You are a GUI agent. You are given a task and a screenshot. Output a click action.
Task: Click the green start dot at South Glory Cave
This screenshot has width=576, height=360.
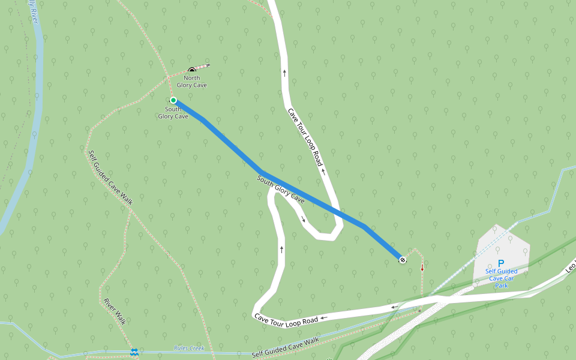[173, 100]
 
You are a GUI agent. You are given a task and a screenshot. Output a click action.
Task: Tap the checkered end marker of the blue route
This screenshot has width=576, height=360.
[402, 260]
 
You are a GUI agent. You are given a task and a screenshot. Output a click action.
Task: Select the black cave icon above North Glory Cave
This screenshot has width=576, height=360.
[192, 71]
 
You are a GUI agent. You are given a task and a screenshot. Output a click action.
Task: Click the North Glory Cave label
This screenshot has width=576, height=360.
[192, 82]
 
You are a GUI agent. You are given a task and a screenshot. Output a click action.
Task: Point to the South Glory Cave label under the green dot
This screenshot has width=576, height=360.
[173, 113]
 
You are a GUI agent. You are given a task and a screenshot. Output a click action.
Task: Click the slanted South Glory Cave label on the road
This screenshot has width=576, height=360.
[281, 189]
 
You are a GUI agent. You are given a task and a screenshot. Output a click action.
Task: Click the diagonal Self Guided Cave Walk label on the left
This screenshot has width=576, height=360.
[111, 178]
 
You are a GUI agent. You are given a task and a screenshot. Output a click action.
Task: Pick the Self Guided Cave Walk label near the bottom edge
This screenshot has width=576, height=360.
[285, 347]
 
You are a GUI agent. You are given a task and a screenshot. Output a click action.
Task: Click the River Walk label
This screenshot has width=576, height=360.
[115, 311]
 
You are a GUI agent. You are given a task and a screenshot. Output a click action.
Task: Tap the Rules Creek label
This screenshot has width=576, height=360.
[189, 348]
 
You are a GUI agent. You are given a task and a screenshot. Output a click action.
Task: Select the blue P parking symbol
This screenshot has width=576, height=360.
[502, 263]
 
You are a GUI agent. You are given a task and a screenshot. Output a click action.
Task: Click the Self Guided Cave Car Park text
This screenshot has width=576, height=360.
[502, 278]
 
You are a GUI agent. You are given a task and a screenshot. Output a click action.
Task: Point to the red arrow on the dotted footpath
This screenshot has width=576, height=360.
[422, 268]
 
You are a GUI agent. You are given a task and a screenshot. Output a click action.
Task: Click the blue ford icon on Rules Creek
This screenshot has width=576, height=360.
[135, 352]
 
